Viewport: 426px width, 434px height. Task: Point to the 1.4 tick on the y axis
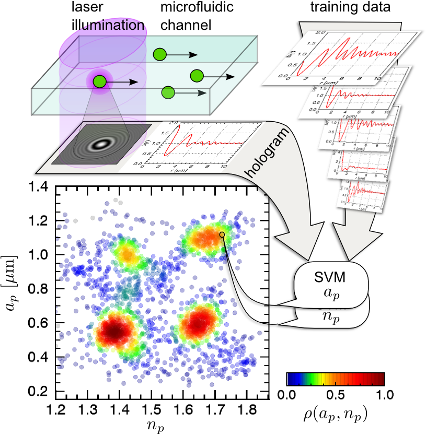click(39, 187)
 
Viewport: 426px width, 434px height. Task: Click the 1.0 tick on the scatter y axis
click(39, 255)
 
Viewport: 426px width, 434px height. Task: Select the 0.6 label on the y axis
click(39, 323)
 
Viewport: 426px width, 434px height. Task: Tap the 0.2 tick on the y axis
click(39, 391)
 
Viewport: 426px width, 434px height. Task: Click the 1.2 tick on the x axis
click(57, 407)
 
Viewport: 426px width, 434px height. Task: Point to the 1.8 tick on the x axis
click(245, 407)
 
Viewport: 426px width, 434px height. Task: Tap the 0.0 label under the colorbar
click(286, 395)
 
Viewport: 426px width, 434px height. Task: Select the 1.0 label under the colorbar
click(384, 395)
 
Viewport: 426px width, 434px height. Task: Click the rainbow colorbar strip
click(335, 379)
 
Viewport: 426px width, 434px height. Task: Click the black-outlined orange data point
click(222, 234)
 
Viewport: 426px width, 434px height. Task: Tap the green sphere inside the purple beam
click(99, 81)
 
